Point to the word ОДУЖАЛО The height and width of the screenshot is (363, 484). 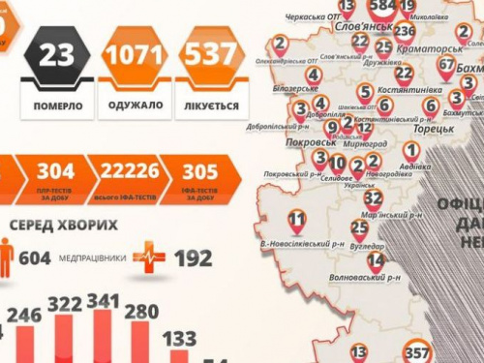tap(132, 105)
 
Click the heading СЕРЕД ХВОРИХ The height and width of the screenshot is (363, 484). tap(64, 225)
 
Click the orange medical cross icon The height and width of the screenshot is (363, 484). tap(149, 257)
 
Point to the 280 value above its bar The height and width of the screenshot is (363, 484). tap(141, 312)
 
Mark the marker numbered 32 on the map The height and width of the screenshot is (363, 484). tap(372, 197)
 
